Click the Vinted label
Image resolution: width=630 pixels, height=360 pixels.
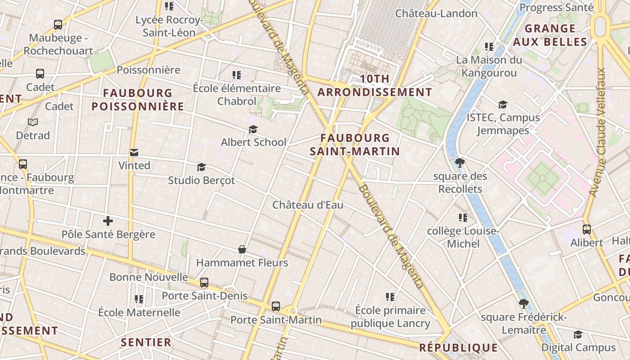coord(134,165)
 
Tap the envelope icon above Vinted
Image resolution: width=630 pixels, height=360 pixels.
coord(134,153)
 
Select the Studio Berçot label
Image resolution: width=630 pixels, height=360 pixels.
coord(201,180)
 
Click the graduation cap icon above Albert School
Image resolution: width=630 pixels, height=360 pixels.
coord(253,130)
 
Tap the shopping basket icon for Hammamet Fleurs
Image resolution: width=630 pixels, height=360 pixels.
coord(242,249)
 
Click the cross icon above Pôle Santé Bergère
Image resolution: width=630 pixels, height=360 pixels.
coord(108,221)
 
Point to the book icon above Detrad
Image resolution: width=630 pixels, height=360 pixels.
coord(33,122)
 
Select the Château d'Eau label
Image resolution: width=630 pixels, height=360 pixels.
coord(308,205)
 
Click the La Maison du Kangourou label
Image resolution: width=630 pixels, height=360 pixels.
coord(489,66)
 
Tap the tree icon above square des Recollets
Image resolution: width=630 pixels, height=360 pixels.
coord(459,162)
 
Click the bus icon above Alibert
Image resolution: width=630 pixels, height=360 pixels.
coord(587,229)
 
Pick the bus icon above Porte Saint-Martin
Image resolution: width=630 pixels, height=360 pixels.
coord(276,306)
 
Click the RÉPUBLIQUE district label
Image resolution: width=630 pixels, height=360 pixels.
coord(459,347)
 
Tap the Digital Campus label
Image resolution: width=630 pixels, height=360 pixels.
coord(578,347)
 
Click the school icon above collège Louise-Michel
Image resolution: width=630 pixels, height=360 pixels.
coord(463,218)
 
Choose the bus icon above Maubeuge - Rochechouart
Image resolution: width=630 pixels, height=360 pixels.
coord(58,25)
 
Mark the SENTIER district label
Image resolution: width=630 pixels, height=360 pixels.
coord(146,342)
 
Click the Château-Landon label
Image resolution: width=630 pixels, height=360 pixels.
coord(436,13)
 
